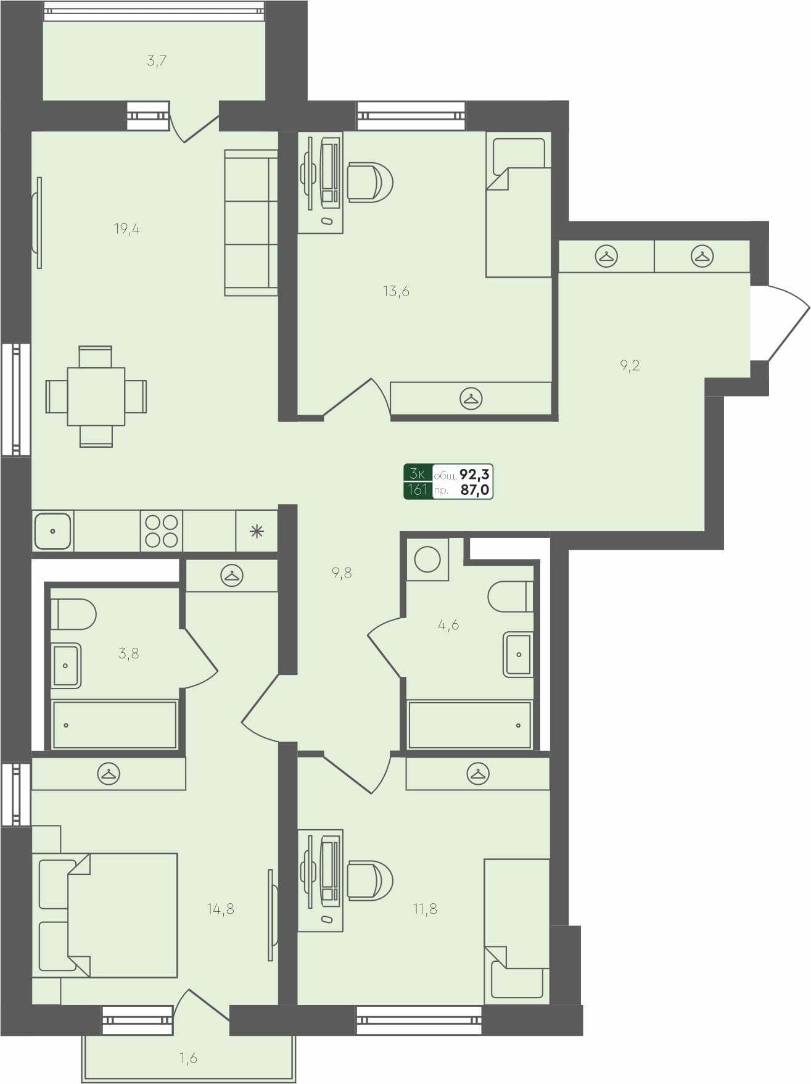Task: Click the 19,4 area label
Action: (x=127, y=229)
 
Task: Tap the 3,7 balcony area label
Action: (x=157, y=61)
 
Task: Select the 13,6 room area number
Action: (x=396, y=291)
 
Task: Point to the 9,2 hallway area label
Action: (x=630, y=365)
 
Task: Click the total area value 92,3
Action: (x=475, y=474)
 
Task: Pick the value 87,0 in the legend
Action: (x=475, y=490)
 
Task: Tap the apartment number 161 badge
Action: (x=418, y=490)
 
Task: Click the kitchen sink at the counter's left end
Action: (x=52, y=531)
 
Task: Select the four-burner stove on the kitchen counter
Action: (x=161, y=531)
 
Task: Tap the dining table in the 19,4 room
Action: (x=96, y=396)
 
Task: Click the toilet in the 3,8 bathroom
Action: (x=73, y=614)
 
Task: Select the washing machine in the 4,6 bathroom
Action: (x=427, y=560)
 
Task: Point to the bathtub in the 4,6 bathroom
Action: (x=469, y=725)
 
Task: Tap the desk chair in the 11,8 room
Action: (x=369, y=881)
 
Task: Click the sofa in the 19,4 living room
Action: (x=251, y=222)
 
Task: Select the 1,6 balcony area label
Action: (x=189, y=1058)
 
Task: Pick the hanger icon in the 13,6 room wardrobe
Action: (x=471, y=399)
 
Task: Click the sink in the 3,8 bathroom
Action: (x=66, y=665)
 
